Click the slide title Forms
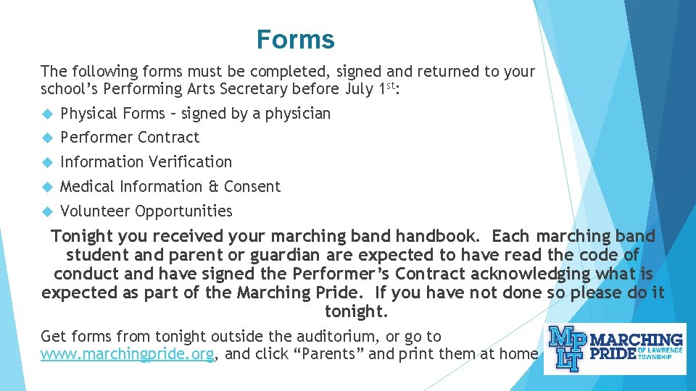click(295, 39)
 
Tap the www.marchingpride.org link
click(128, 354)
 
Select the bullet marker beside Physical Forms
click(48, 114)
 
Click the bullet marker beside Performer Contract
click(48, 138)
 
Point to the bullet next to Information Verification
click(48, 162)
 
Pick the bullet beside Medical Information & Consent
click(48, 187)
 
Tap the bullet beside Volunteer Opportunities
click(48, 211)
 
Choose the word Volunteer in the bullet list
click(95, 211)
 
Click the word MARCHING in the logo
click(637, 340)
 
